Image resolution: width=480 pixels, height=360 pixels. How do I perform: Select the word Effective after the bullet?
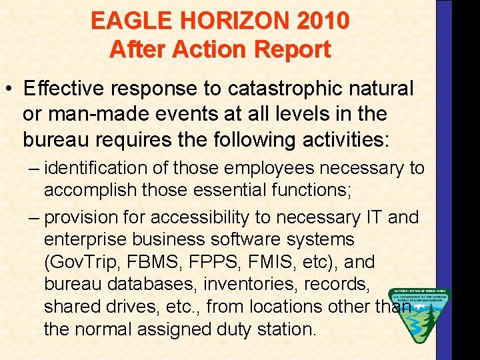[62, 88]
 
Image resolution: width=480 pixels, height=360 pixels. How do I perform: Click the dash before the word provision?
[35, 217]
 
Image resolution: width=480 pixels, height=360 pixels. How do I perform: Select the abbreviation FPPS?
[223, 261]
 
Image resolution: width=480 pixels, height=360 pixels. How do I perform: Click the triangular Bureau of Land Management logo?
[419, 313]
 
